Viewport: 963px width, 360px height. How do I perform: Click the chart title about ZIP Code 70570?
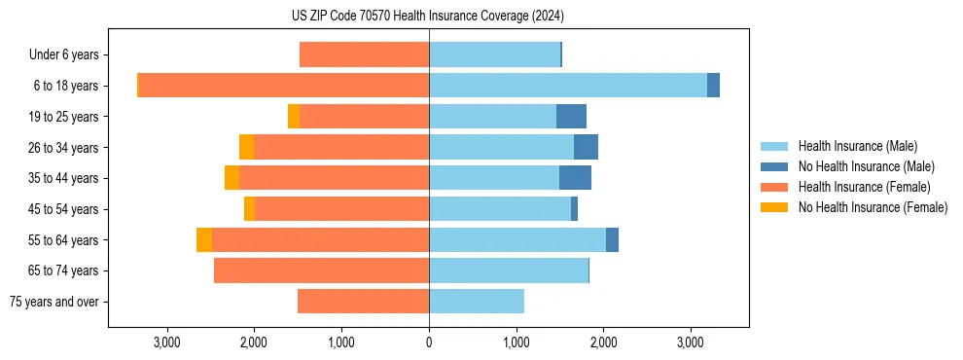(x=428, y=17)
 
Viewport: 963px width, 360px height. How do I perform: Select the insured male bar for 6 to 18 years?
(x=567, y=86)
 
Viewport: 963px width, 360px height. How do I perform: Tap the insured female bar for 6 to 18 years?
(x=284, y=86)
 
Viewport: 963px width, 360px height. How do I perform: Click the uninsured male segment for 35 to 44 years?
(x=575, y=178)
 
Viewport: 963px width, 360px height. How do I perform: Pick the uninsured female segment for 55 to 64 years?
(x=204, y=240)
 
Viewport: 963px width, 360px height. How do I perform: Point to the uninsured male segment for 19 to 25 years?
(x=571, y=117)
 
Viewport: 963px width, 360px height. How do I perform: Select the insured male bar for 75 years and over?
(x=477, y=302)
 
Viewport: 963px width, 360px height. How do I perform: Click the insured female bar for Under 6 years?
(x=365, y=54)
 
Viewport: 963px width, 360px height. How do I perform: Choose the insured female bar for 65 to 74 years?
(x=322, y=270)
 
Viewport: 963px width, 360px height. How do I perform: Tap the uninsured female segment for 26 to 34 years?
(x=246, y=147)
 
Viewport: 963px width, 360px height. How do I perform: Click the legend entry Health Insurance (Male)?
(x=857, y=146)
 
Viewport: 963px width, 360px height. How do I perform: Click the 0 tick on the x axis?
(x=429, y=342)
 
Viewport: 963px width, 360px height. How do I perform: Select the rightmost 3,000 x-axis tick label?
(x=690, y=342)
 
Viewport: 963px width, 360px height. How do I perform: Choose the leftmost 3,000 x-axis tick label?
(x=167, y=342)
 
